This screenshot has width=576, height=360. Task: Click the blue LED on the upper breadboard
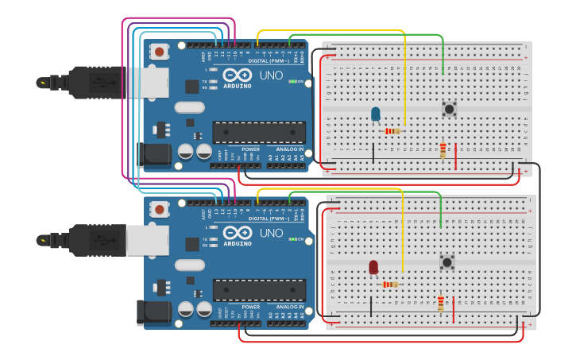coord(376,114)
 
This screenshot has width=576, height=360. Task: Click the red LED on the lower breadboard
coord(373,267)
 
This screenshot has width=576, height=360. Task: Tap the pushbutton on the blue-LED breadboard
coord(449,109)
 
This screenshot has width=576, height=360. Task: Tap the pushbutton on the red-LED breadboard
coord(447,261)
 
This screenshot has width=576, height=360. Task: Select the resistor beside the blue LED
coord(392,131)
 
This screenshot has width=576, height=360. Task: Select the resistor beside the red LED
coord(391,284)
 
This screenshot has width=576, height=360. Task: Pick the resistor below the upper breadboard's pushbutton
coord(443,149)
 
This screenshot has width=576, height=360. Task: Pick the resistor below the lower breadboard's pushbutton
coord(441,303)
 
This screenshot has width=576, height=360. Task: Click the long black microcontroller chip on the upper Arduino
coord(259,132)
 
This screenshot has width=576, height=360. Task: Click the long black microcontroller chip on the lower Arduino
coord(259,290)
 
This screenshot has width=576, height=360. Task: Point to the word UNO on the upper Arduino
coord(271,76)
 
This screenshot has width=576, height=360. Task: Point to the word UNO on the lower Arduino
coord(271,233)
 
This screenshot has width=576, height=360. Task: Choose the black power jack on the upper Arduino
coord(154,154)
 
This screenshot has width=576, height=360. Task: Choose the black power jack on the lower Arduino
coord(153,312)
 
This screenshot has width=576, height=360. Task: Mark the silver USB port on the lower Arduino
coord(148,240)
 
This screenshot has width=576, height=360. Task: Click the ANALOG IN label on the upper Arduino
coord(288,149)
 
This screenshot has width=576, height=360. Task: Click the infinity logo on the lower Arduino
coord(237,232)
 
